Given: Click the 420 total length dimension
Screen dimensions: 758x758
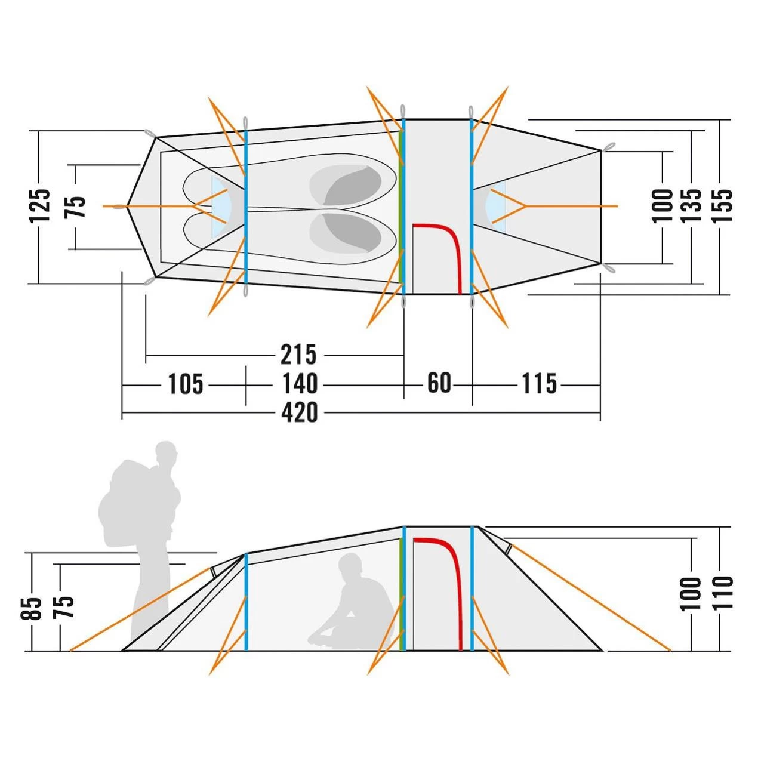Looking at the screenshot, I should (x=300, y=412).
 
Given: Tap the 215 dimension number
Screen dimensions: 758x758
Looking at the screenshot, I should (x=298, y=355).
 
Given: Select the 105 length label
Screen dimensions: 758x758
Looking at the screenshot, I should (x=186, y=384).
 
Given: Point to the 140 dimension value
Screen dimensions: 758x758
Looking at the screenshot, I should (x=300, y=384).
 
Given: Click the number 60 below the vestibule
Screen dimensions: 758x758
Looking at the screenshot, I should (x=439, y=383).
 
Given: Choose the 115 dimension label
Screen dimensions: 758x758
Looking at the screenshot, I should (x=540, y=384).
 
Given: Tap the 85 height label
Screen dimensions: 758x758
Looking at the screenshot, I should (x=35, y=608).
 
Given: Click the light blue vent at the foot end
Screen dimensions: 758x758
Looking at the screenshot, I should (x=220, y=207).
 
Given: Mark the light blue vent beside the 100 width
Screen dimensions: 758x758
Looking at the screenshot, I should (x=495, y=207).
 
